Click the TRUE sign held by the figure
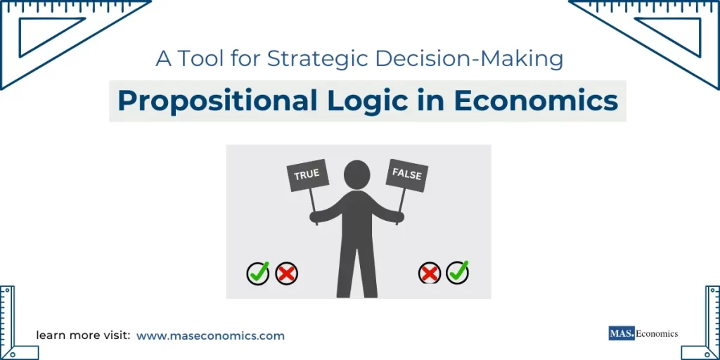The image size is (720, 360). pyautogui.click(x=307, y=175)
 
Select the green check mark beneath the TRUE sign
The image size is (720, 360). pyautogui.click(x=258, y=273)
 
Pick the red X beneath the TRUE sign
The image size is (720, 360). pyautogui.click(x=286, y=273)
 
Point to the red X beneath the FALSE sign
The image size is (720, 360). pyautogui.click(x=429, y=273)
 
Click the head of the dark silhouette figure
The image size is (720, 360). pyautogui.click(x=357, y=174)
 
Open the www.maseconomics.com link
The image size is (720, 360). pyautogui.click(x=210, y=336)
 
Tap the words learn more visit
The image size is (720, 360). pyautogui.click(x=83, y=336)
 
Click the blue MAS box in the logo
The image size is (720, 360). pyautogui.click(x=622, y=333)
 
